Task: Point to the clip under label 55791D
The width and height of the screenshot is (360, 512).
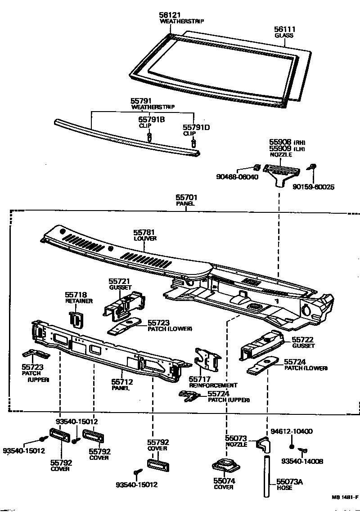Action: coord(193,143)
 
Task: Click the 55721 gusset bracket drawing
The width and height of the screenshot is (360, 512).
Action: coord(122,304)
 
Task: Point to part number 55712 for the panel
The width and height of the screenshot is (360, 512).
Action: coord(122,382)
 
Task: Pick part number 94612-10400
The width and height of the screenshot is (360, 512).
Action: coord(292,431)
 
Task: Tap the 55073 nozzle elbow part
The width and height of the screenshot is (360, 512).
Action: coord(262,447)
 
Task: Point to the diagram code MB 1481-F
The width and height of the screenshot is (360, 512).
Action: coord(345,498)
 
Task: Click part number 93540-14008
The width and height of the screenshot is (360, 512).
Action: coord(302,461)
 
